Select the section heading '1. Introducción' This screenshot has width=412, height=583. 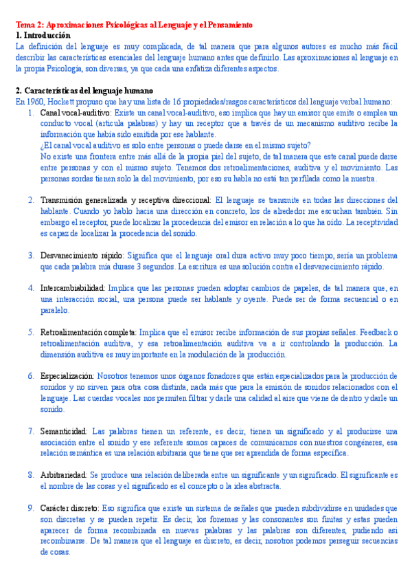coord(43,34)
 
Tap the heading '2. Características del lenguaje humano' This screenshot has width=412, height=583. coord(84,91)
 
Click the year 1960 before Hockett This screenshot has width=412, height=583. coord(35,101)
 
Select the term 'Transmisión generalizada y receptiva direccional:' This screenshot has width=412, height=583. coord(126,199)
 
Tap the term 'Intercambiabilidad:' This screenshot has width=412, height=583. coord(72,288)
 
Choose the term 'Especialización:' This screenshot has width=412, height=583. coord(67,376)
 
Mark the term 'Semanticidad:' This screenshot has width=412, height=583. coord(63,431)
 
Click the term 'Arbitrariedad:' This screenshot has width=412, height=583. coord(64,475)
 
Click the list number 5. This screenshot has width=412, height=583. coord(32,332)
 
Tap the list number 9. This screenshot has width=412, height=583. coord(32,508)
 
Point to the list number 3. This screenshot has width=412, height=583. coord(32,255)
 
